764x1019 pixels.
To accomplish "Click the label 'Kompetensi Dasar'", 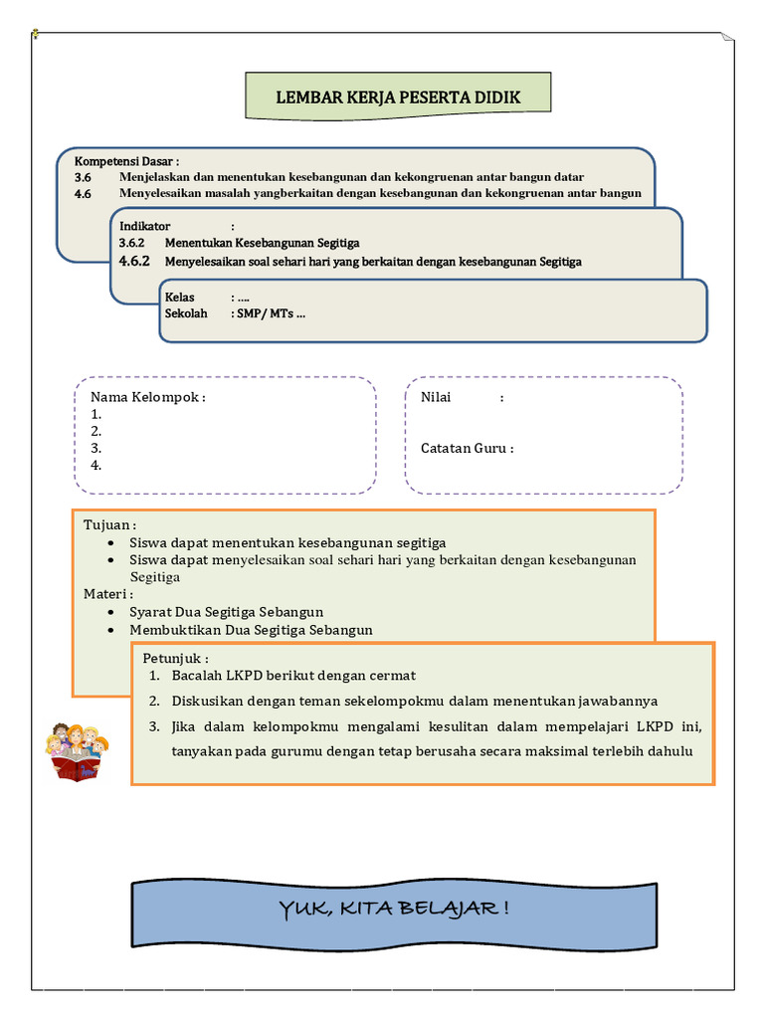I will click(x=125, y=161).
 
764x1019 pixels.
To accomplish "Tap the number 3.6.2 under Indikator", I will click(x=132, y=242).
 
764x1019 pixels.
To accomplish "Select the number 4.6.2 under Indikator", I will click(x=133, y=262).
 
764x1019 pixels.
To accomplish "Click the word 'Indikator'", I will click(x=145, y=226).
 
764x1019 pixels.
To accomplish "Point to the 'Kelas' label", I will click(x=180, y=298).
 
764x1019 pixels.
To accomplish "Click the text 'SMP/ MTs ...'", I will click(x=272, y=313).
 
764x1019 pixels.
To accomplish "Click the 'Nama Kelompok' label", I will click(x=148, y=398).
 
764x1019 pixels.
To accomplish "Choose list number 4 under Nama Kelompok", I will click(x=96, y=465).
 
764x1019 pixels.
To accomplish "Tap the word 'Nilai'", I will click(x=436, y=397).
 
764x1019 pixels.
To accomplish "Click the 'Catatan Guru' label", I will click(x=467, y=448).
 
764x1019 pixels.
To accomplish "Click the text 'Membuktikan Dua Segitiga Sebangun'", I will click(x=251, y=630).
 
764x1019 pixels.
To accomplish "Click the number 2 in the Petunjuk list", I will click(x=155, y=701).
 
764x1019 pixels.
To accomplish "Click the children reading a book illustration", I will click(x=77, y=752).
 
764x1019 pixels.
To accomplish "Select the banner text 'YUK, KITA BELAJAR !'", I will click(x=395, y=909).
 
